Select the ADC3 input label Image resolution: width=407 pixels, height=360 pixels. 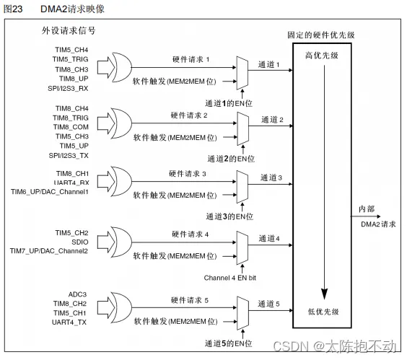click(77, 294)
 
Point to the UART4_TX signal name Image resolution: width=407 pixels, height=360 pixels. click(70, 322)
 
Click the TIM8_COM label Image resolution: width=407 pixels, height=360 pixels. click(71, 126)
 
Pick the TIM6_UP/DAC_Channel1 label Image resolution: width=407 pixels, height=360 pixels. click(49, 192)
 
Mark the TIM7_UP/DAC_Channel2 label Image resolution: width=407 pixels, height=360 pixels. click(49, 250)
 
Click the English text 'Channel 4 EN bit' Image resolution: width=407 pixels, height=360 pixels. click(229, 276)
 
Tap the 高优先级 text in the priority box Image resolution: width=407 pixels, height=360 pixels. click(323, 56)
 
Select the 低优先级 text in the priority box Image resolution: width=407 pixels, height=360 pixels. click(323, 311)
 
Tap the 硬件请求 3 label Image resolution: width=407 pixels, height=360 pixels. click(190, 174)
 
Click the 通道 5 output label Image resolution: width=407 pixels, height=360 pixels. click(271, 304)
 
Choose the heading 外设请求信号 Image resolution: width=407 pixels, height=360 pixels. click(69, 32)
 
